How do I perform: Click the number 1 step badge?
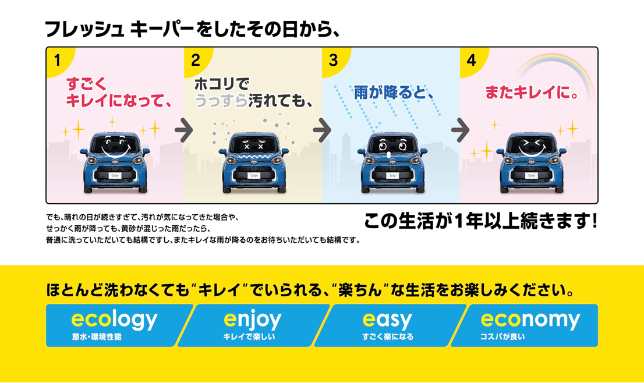point(57,60)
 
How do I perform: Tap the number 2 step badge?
point(195,60)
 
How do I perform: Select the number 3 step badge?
point(333,60)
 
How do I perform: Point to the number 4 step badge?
point(471,60)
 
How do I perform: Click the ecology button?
point(116,325)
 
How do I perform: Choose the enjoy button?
point(253,325)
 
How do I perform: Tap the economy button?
point(527,325)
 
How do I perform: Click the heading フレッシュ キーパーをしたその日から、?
point(192,29)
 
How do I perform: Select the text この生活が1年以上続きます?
point(480,222)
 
